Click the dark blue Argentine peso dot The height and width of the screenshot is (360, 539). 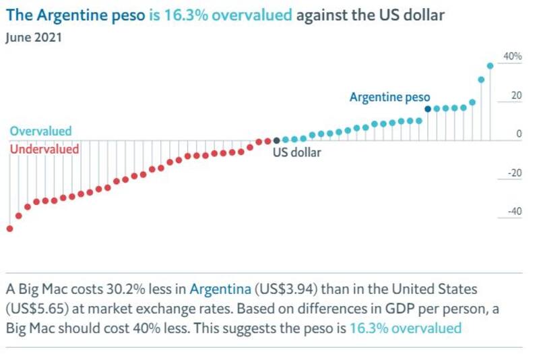coord(428,109)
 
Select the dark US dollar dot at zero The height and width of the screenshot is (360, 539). coord(276,140)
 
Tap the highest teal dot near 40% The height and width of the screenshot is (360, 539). coord(490,65)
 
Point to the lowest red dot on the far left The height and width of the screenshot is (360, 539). coord(9,229)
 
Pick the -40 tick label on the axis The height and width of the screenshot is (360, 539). coord(513,212)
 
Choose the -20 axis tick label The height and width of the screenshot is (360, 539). coord(513,173)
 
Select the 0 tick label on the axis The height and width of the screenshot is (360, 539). coord(519,134)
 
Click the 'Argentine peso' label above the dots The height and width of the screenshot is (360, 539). coord(389,97)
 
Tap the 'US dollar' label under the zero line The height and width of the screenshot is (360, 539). coord(296,152)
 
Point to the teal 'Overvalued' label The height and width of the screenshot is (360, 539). coord(40,131)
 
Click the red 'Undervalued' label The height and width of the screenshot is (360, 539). coord(44,149)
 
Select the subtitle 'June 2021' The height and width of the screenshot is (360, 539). coord(34,38)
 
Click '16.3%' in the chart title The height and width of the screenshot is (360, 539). coord(185,15)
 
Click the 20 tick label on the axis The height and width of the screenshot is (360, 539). coord(516,96)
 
